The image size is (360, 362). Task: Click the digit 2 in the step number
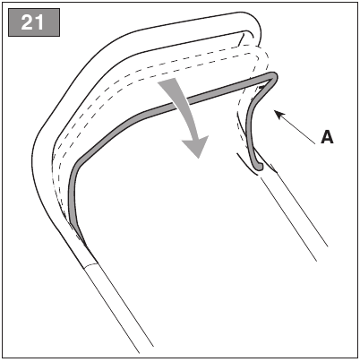[27, 22]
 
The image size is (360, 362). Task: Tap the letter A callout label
[327, 137]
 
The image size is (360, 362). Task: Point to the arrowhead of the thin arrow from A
[279, 115]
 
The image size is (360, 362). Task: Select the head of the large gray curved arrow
[195, 146]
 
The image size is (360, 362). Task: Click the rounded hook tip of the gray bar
[259, 166]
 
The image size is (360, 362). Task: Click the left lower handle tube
[118, 306]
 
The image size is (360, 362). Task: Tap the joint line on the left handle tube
[90, 265]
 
